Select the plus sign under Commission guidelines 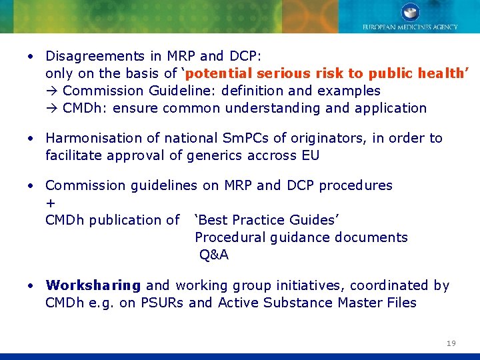tap(50, 203)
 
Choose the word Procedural tap(230, 237)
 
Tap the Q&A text tap(213, 255)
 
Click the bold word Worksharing tap(93, 285)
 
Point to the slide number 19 tap(451, 343)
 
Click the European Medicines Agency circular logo tap(410, 12)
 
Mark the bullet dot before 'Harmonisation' tap(31, 138)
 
